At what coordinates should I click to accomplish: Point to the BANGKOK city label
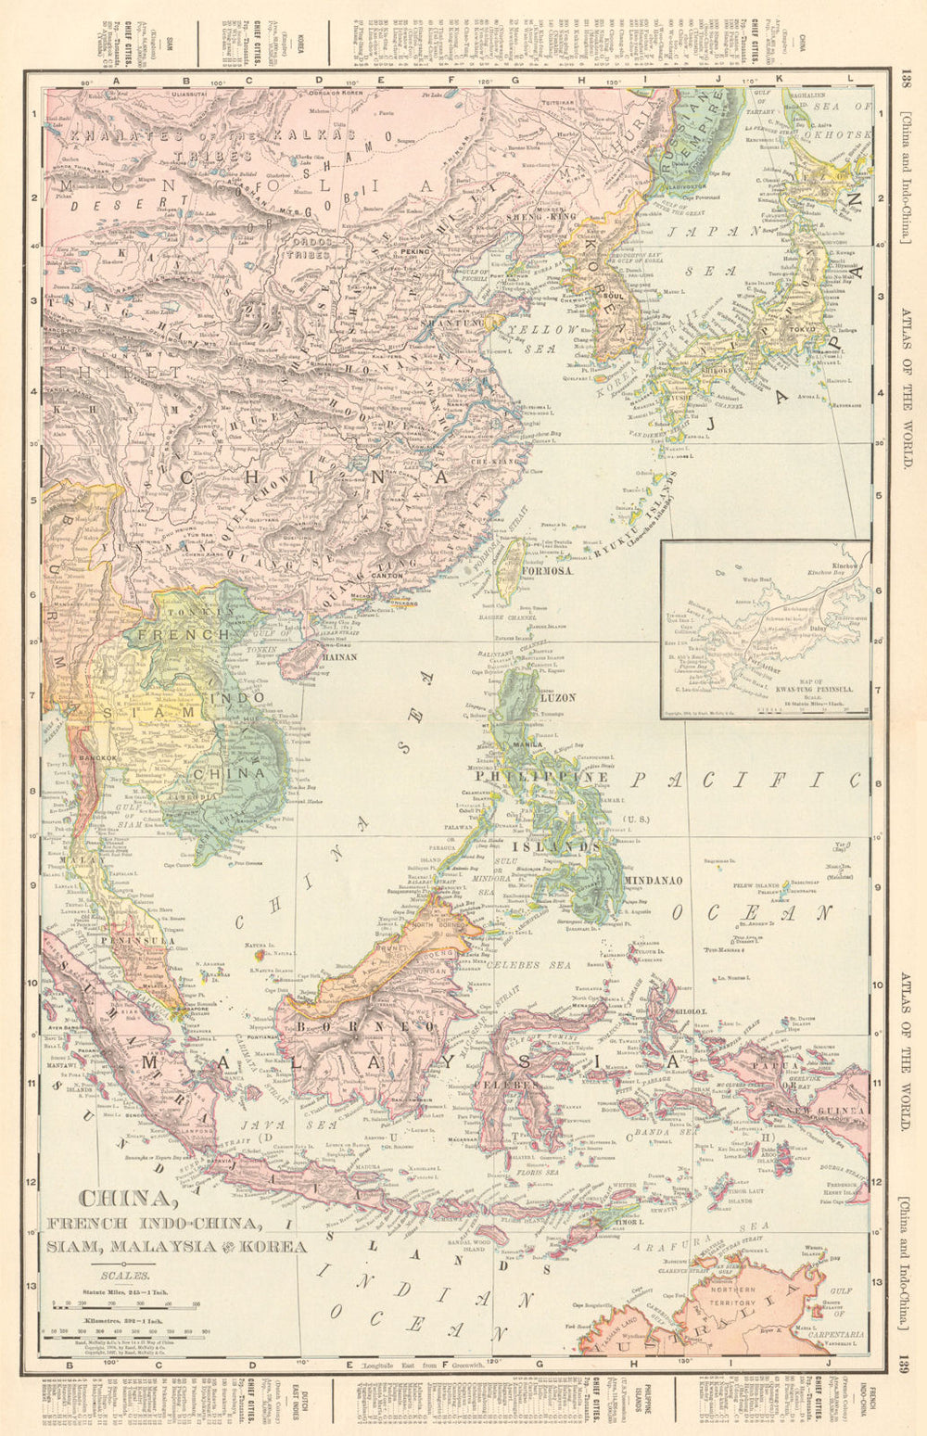tap(97, 757)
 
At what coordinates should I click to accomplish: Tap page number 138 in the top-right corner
tap(906, 80)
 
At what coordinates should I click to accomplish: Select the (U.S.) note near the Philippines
tap(638, 819)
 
